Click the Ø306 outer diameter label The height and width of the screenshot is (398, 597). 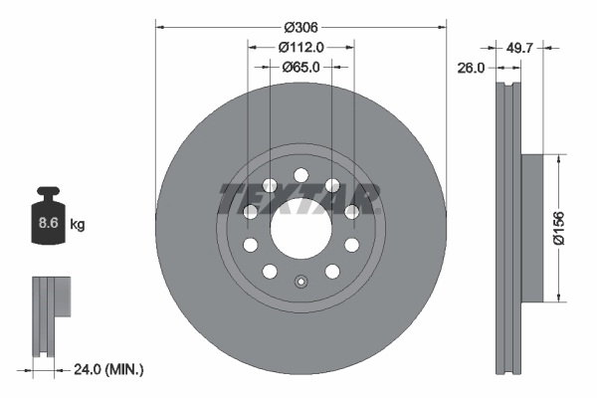(x=299, y=28)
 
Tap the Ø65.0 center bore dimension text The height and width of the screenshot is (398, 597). (x=301, y=67)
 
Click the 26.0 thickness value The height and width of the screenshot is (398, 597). (x=472, y=68)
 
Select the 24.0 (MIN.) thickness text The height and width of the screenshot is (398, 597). (x=109, y=368)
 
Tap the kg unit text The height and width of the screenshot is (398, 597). (x=78, y=225)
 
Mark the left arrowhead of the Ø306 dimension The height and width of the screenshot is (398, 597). (x=159, y=28)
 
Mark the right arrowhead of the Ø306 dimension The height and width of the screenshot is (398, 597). (x=440, y=28)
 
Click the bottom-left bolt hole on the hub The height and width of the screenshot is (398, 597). (x=270, y=271)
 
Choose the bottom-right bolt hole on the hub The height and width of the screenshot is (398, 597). (x=331, y=271)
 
